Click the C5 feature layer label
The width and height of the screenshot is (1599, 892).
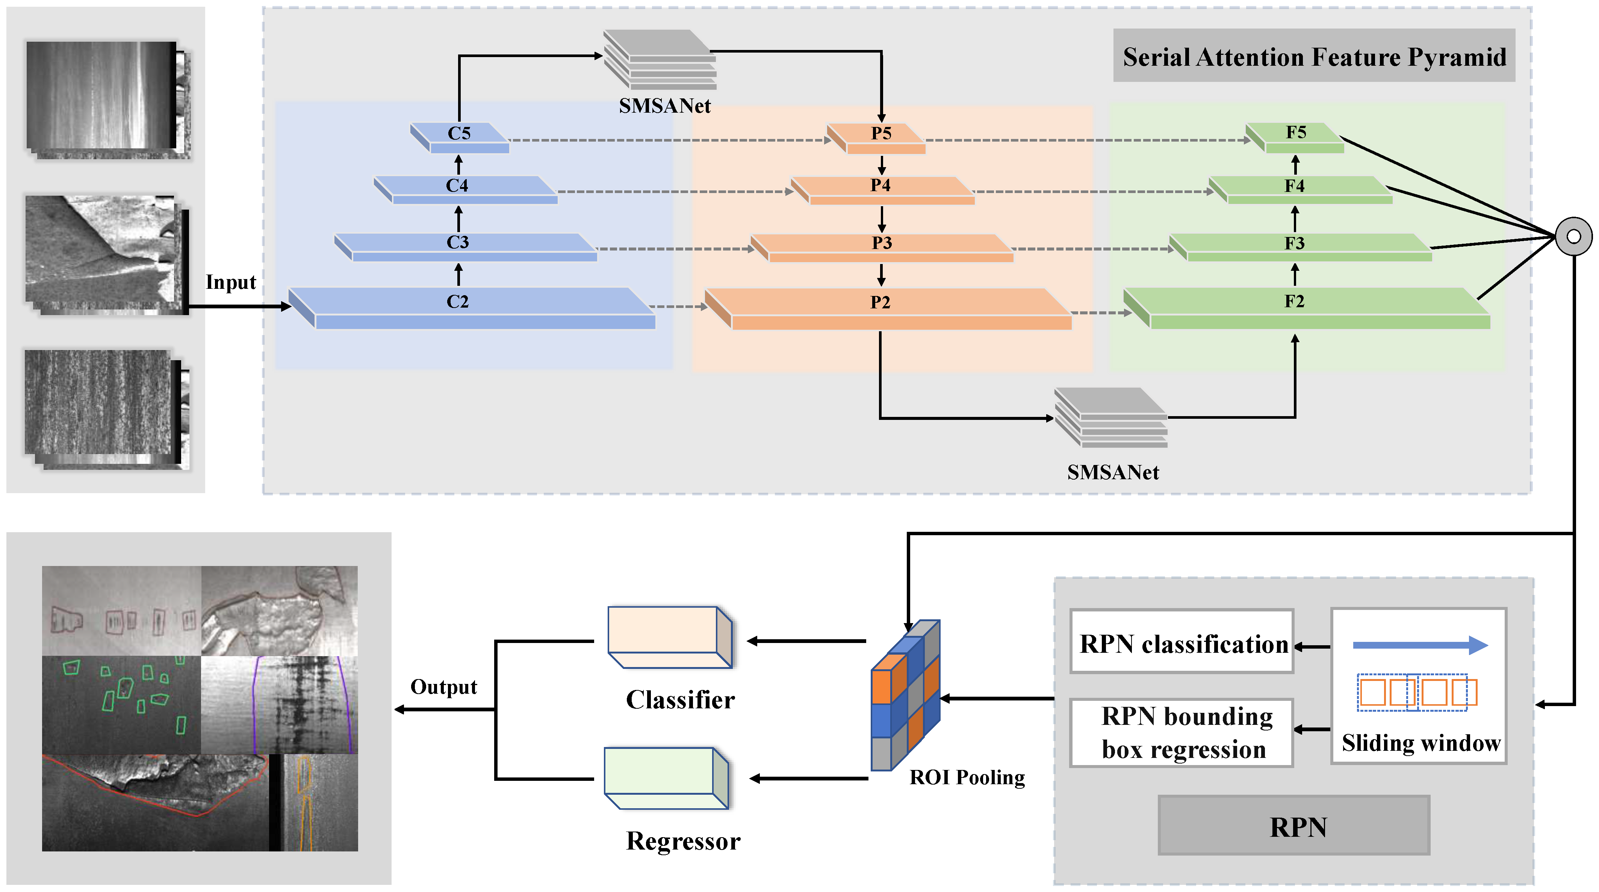pos(459,133)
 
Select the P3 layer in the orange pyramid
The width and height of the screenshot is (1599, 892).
pos(882,243)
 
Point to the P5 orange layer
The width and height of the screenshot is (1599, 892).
pos(881,133)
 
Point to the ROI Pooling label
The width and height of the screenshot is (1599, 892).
pos(967,777)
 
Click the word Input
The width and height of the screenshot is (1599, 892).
pos(231,282)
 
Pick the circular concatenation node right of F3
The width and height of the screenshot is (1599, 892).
pos(1573,236)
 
